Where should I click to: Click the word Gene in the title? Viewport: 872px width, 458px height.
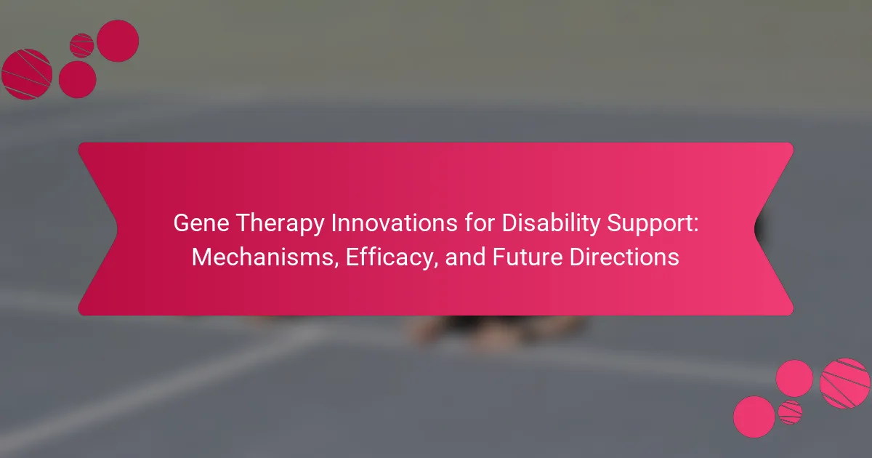201,223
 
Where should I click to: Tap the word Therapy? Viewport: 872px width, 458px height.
280,225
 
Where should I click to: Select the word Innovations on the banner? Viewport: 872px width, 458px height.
395,223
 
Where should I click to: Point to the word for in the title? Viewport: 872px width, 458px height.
480,223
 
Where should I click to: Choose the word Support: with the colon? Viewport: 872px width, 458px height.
653,225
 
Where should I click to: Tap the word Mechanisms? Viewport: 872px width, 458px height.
265,258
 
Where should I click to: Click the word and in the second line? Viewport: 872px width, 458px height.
465,257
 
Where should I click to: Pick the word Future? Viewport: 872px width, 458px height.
528,257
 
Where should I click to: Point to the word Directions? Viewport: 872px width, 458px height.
624,257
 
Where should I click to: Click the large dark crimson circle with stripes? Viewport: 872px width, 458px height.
27,74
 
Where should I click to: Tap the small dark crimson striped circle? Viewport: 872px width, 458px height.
81,46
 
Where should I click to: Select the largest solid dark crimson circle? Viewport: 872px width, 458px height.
118,41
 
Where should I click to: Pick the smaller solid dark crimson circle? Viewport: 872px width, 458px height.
78,79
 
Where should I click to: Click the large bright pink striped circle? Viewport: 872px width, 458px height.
844,384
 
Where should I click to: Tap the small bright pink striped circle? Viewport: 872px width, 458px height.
790,412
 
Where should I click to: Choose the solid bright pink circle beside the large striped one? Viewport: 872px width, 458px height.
794,379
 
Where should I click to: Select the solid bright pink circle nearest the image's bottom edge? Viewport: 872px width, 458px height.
754,417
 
